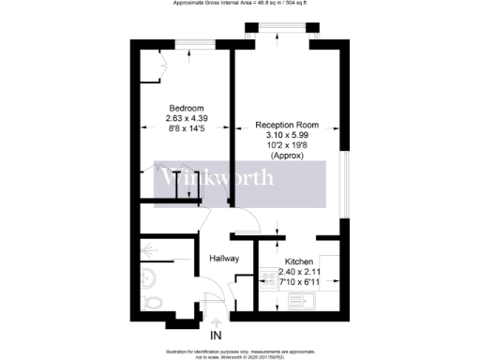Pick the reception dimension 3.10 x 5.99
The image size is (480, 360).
point(287,135)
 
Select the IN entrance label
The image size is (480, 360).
point(215,335)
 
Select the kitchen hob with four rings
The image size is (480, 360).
point(268,278)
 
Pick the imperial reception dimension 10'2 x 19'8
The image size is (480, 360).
point(287,145)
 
